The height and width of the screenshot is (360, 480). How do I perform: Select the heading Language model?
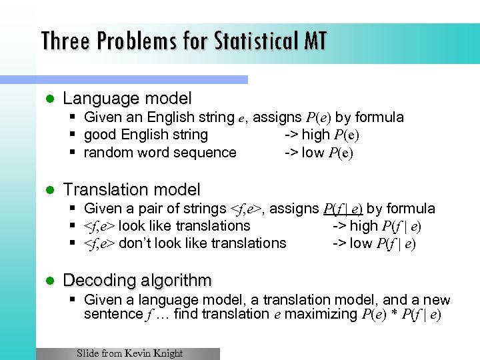127,99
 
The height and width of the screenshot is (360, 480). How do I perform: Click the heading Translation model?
131,190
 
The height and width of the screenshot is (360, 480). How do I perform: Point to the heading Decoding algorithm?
137,281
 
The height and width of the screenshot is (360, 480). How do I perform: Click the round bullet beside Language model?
47,99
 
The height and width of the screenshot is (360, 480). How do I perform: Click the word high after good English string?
316,135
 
